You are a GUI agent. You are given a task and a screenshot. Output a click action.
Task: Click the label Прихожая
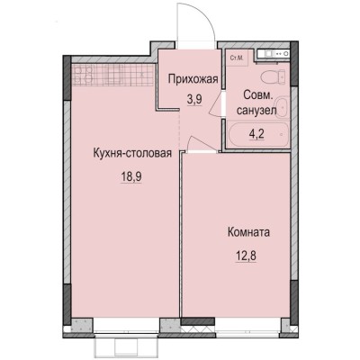coord(193,78)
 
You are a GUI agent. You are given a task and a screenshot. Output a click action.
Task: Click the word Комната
coord(249,231)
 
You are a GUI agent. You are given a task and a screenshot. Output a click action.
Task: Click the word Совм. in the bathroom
coord(253,94)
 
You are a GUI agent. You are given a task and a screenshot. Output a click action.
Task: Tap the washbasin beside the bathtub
coord(280,109)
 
